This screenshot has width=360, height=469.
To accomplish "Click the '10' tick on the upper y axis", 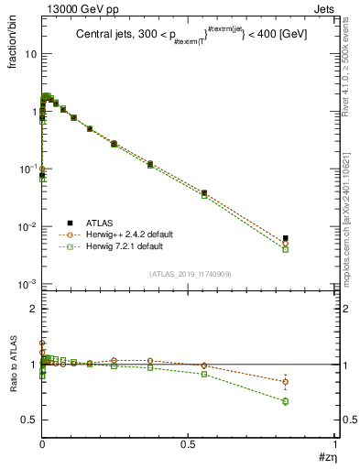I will pyautogui.click(x=30, y=54).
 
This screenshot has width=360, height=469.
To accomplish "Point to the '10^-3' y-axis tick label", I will pyautogui.click(x=27, y=285).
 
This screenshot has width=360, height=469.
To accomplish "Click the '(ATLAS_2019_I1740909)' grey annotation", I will pyautogui.click(x=190, y=274).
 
